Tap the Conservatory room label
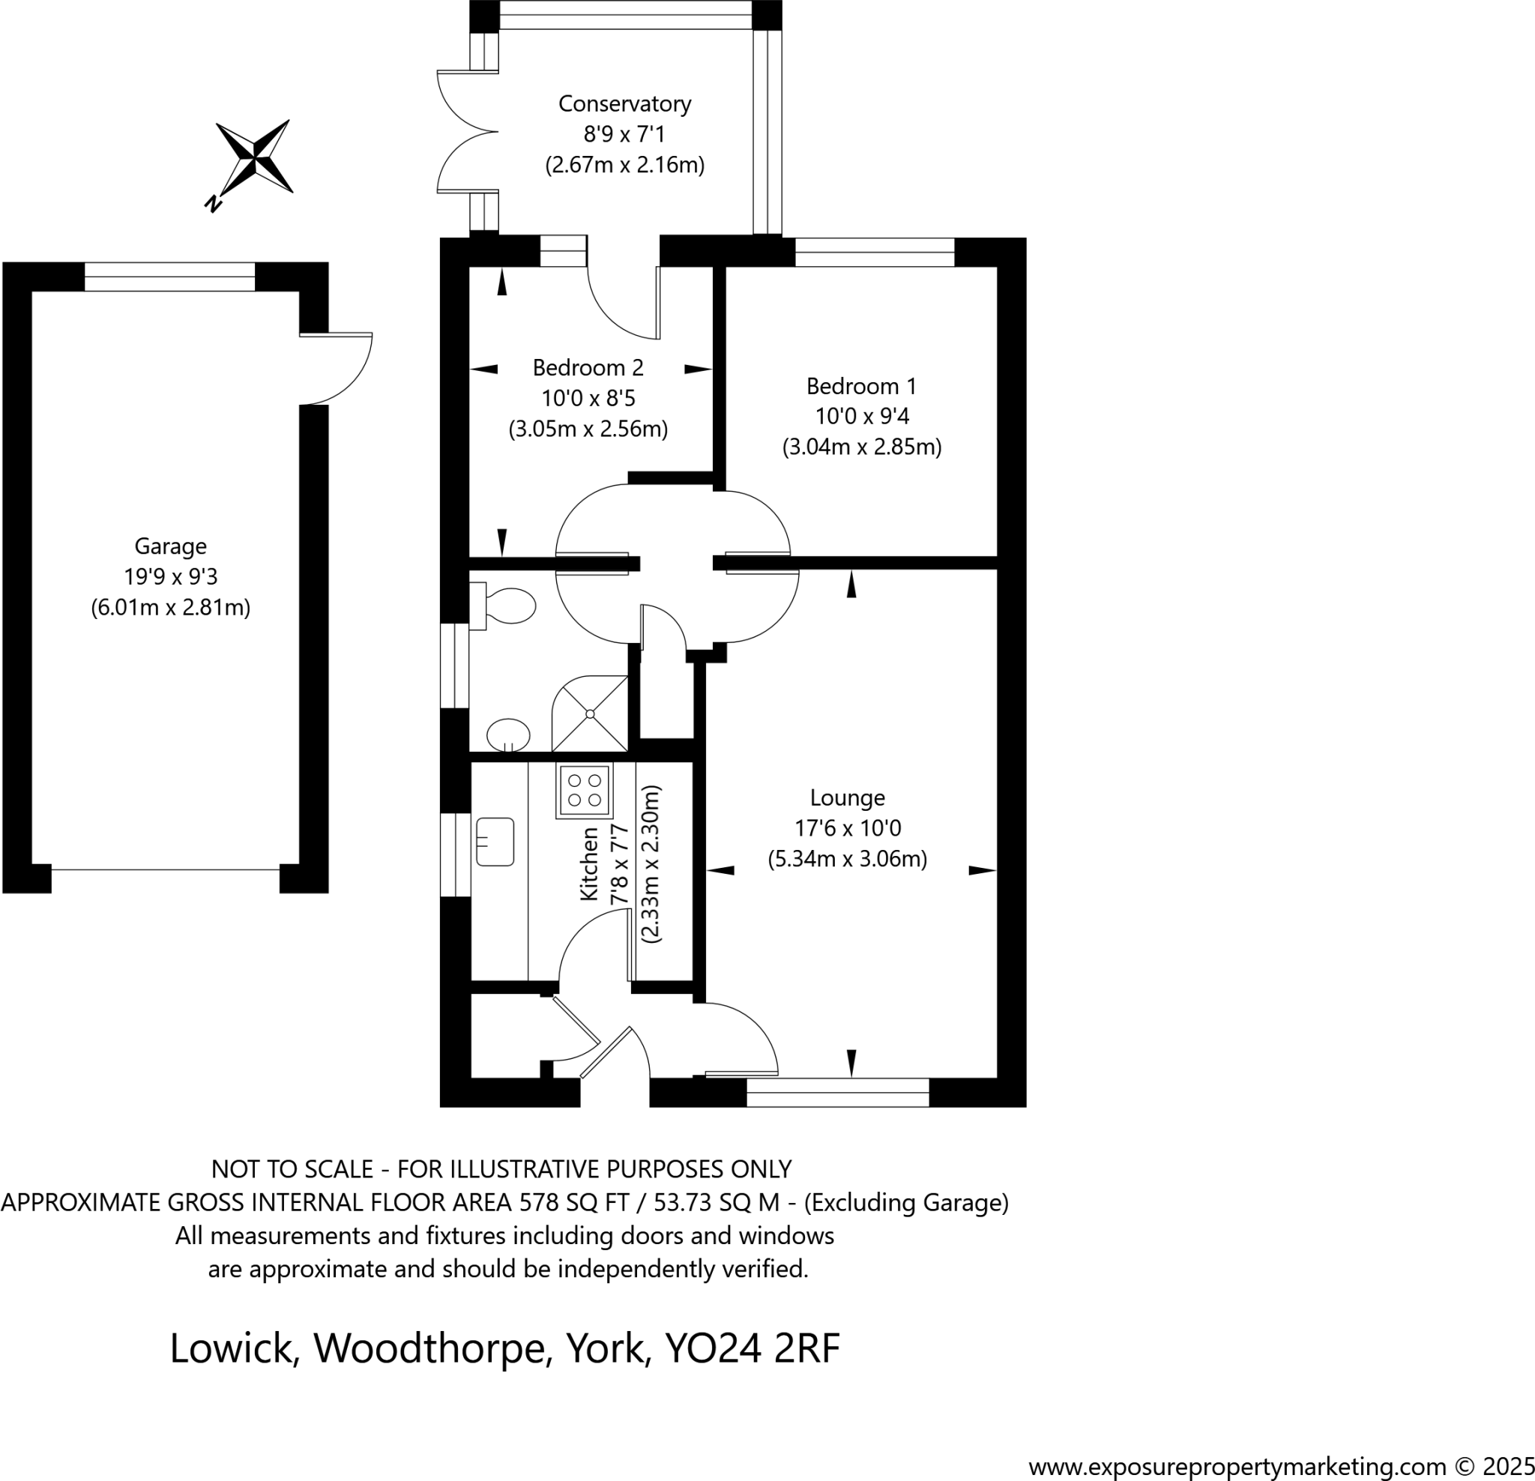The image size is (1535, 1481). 624,103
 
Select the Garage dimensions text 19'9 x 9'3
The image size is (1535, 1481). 170,576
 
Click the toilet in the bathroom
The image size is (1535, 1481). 505,605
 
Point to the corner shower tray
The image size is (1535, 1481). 591,714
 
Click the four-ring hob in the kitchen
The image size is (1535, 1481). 584,790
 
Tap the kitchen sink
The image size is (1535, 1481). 495,842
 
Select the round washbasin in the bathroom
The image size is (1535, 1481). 508,735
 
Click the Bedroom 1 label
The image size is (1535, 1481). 860,386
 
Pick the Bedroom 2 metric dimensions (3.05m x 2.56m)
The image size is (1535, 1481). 588,429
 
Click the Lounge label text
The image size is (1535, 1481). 847,797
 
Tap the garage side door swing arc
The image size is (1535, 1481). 345,368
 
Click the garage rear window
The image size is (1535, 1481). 169,277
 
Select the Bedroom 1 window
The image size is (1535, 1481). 874,252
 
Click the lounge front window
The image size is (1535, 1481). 837,1093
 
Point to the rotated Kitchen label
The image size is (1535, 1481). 589,863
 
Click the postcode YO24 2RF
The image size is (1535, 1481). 752,1348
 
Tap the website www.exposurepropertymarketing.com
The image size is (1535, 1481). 1237,1466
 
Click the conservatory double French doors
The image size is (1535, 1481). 468,132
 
